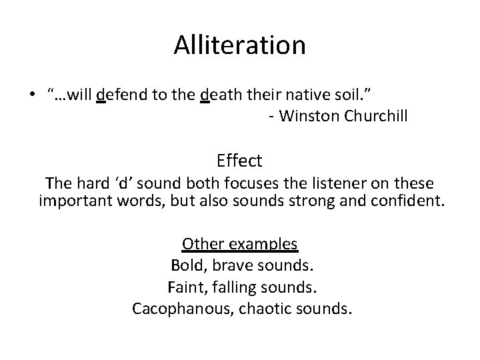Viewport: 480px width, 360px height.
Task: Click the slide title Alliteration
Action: pyautogui.click(x=240, y=45)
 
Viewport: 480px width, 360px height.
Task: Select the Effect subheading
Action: pyautogui.click(x=239, y=161)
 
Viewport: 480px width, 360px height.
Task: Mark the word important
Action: pyautogui.click(x=72, y=201)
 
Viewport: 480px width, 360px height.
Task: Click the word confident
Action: pyautogui.click(x=407, y=201)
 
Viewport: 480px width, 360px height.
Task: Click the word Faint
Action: pyautogui.click(x=189, y=287)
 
